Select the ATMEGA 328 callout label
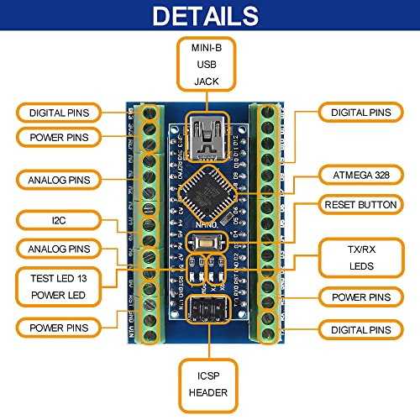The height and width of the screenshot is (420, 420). tap(356, 175)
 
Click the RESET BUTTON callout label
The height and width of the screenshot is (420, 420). tap(356, 204)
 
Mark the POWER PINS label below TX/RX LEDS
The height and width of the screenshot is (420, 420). tap(356, 297)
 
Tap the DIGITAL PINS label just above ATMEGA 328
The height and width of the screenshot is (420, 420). tap(356, 112)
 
